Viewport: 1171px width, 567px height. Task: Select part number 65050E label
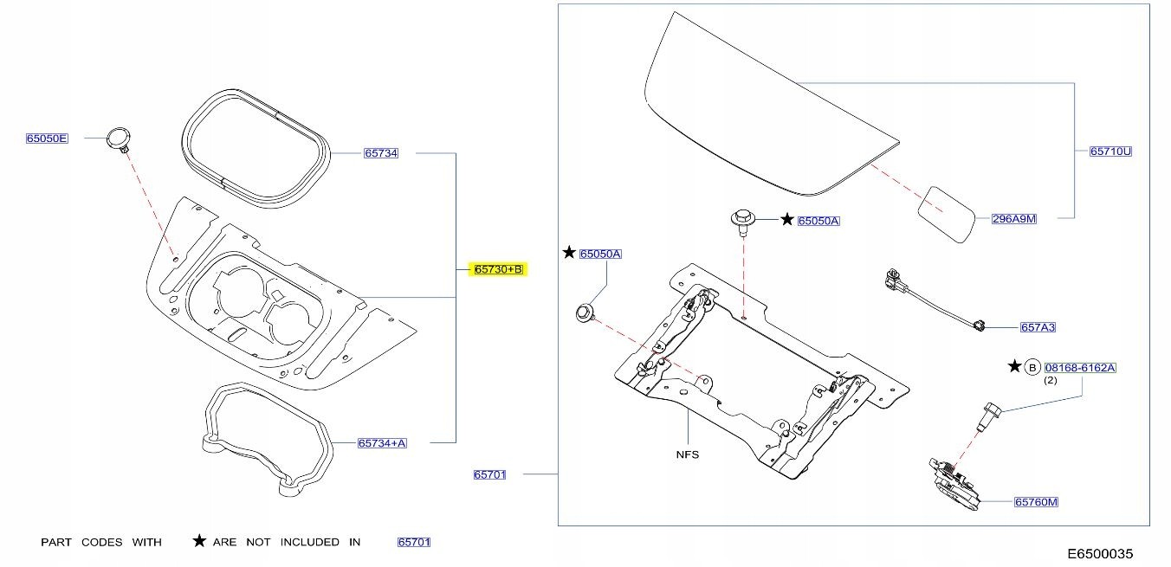47,139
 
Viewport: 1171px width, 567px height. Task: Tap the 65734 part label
381,153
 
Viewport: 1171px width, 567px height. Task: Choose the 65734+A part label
382,443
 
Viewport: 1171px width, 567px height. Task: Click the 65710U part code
1110,151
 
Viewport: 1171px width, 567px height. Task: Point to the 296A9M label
1014,219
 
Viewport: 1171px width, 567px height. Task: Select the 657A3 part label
1038,327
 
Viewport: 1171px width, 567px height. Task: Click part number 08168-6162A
1080,367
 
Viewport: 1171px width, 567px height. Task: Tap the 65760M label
1037,502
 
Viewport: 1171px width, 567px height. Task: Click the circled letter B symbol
1032,367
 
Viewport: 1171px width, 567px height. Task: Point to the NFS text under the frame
687,454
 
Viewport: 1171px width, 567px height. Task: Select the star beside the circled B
1014,366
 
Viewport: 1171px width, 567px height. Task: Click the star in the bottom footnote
199,542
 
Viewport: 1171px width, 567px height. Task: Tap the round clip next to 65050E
118,139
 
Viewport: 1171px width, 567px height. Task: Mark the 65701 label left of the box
489,474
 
